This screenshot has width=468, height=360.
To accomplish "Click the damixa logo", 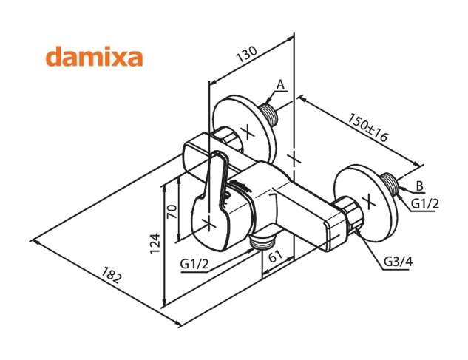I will [94, 58].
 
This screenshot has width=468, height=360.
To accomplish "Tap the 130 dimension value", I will [247, 54].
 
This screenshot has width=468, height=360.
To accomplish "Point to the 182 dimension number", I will [109, 282].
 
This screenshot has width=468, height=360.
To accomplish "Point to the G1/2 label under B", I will [425, 204].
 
